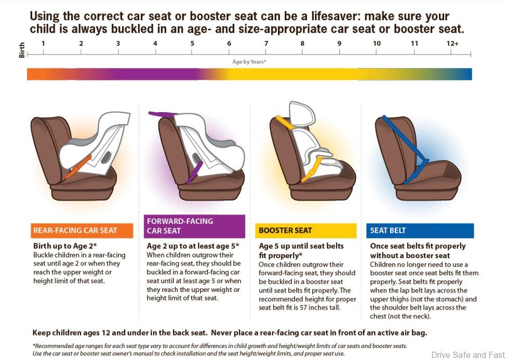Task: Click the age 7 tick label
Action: pos(266,43)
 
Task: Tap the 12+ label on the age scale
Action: pos(452,43)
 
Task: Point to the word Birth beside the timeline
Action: pos(22,50)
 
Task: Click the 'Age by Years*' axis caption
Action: pos(249,62)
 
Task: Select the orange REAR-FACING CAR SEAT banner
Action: pos(82,231)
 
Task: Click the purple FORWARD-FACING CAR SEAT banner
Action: pos(194,226)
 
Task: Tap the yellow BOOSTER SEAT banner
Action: pos(306,231)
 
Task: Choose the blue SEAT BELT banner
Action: pos(420,231)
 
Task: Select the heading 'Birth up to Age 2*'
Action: pos(65,246)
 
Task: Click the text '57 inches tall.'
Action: pos(320,308)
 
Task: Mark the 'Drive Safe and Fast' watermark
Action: pos(468,355)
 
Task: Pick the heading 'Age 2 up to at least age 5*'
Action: pos(193,246)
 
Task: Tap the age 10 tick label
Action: pos(377,43)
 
